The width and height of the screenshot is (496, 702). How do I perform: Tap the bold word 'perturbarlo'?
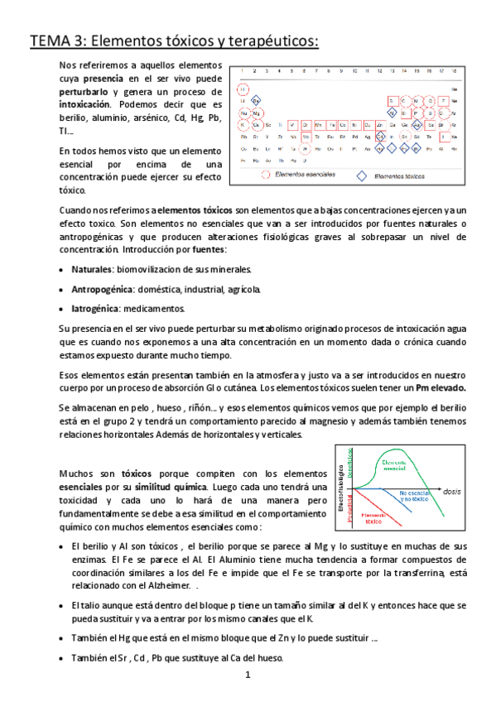(x=84, y=92)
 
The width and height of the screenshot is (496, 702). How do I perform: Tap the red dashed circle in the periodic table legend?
(x=265, y=175)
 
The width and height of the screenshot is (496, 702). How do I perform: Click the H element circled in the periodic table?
(x=243, y=88)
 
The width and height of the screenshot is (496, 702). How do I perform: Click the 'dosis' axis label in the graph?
(x=452, y=491)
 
